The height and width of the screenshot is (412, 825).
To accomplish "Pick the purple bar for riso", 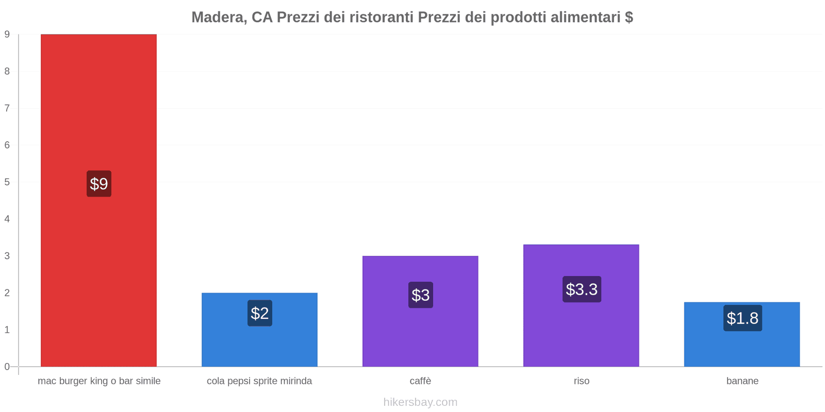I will [x=581, y=330].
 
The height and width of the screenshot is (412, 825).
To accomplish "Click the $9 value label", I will [x=99, y=184].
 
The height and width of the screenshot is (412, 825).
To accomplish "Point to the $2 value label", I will [x=260, y=313].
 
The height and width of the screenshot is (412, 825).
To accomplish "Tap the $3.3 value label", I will [x=582, y=289].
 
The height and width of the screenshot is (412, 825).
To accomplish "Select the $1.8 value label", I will [x=742, y=318].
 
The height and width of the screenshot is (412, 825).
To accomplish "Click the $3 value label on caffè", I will [x=421, y=295].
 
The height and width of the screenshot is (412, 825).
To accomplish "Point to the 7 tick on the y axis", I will [x=7, y=108].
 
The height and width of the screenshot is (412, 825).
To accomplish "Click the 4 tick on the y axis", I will [x=7, y=219].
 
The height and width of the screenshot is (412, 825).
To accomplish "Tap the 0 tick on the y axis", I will [x=7, y=367].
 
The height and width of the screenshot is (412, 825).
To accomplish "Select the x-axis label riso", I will [x=582, y=381].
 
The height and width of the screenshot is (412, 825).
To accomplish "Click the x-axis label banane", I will [x=742, y=381].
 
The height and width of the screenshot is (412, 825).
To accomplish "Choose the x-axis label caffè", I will [x=421, y=381].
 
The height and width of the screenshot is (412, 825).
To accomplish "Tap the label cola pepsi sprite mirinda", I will [x=259, y=381].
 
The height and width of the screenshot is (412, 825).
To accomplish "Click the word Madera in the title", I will [x=219, y=18].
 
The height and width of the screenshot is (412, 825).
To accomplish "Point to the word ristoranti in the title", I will [x=381, y=18].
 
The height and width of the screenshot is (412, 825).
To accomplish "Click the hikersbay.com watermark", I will [x=420, y=402].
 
